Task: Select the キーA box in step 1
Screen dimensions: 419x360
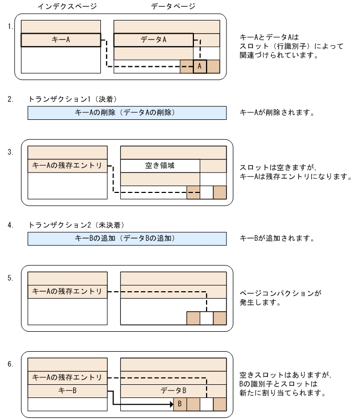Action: pos(61,40)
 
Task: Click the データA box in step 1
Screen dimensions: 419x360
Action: pos(153,40)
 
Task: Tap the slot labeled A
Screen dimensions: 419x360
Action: pos(200,66)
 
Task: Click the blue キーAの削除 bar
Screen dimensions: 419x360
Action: pos(127,113)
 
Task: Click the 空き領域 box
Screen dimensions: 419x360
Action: pos(160,166)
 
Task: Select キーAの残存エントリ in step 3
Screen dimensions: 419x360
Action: pos(67,166)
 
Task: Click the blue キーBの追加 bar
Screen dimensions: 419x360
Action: pos(127,238)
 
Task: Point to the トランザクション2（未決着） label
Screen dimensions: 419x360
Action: pos(76,225)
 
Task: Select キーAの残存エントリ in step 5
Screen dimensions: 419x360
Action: pos(67,291)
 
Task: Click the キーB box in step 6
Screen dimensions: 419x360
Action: pos(67,391)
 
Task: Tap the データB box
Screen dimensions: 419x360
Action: pos(173,391)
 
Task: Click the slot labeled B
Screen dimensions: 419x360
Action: pos(180,404)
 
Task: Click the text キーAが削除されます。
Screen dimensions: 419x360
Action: pos(276,113)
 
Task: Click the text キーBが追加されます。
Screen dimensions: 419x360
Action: pos(276,238)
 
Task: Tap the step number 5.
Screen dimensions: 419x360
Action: pos(11,278)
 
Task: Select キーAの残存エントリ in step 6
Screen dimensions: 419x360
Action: pos(67,377)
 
